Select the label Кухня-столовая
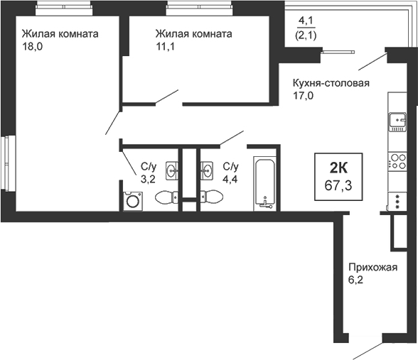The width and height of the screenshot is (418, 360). point(331,82)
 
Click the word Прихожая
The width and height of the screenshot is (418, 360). point(371,268)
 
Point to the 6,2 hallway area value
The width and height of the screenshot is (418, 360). point(355,281)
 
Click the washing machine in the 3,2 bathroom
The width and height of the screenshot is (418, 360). point(133,202)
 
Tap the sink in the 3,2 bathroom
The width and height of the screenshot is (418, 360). point(172,170)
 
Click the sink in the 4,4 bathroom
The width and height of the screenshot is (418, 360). point(208,170)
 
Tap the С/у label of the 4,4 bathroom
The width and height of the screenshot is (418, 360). point(230,166)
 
